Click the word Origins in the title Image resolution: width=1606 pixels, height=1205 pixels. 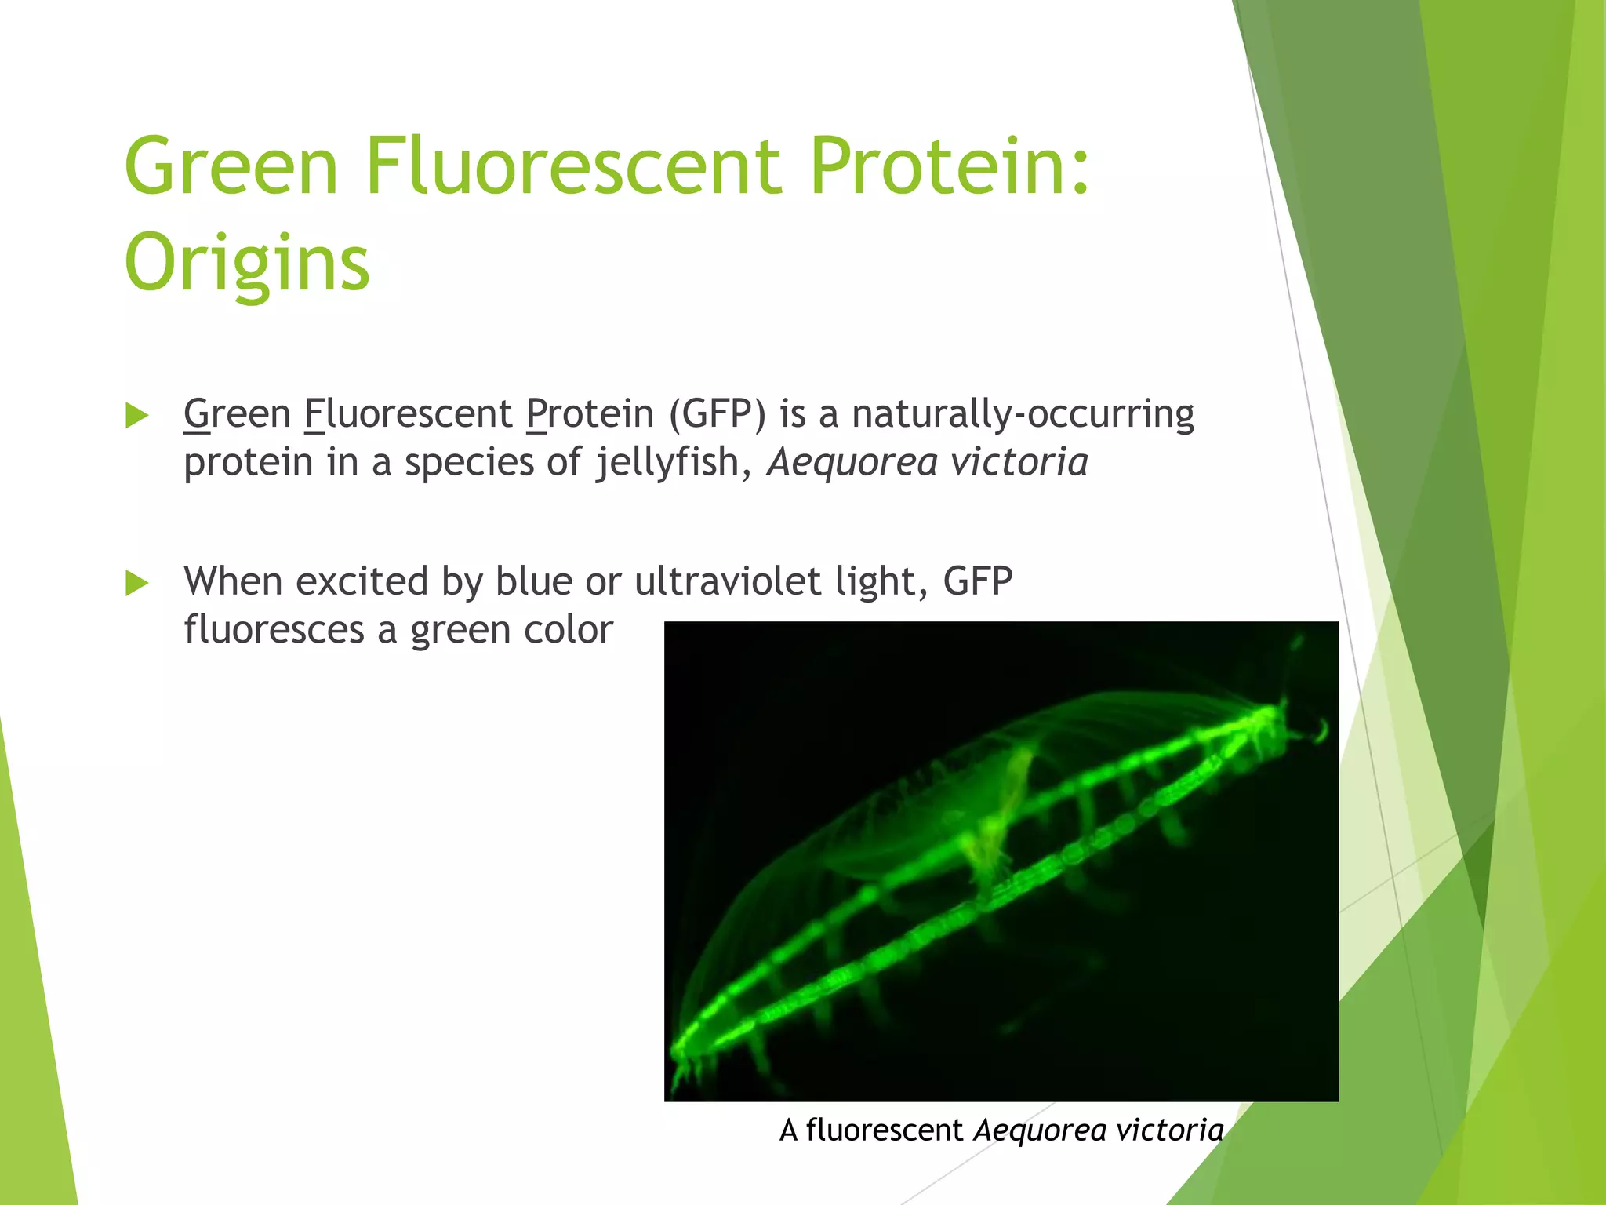[246, 262]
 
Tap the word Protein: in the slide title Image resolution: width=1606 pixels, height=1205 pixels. [949, 166]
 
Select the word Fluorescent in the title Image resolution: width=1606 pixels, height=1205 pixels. [572, 166]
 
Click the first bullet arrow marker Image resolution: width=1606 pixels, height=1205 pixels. [136, 416]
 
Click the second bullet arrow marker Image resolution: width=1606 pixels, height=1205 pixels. [136, 583]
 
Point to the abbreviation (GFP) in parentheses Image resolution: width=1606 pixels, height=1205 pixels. [716, 414]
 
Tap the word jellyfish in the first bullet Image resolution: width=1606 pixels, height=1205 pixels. [667, 462]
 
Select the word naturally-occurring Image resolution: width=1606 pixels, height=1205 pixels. [1023, 414]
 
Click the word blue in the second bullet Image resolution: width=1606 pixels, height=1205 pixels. [533, 581]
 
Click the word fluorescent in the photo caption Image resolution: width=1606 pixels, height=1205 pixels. [884, 1130]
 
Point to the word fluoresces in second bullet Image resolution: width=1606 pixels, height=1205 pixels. [274, 630]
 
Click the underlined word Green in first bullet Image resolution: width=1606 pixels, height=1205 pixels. [237, 414]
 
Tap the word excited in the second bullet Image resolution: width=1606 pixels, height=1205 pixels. [362, 581]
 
